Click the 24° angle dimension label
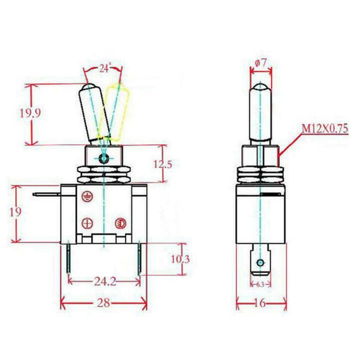click(106, 68)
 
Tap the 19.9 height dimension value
click(30, 113)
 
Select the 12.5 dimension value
click(163, 164)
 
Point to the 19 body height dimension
click(16, 212)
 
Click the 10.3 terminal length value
click(180, 259)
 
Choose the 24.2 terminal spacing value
click(105, 281)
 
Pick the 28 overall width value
click(104, 303)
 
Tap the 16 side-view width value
click(260, 303)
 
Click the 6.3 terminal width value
click(260, 284)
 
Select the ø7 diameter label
click(260, 63)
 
